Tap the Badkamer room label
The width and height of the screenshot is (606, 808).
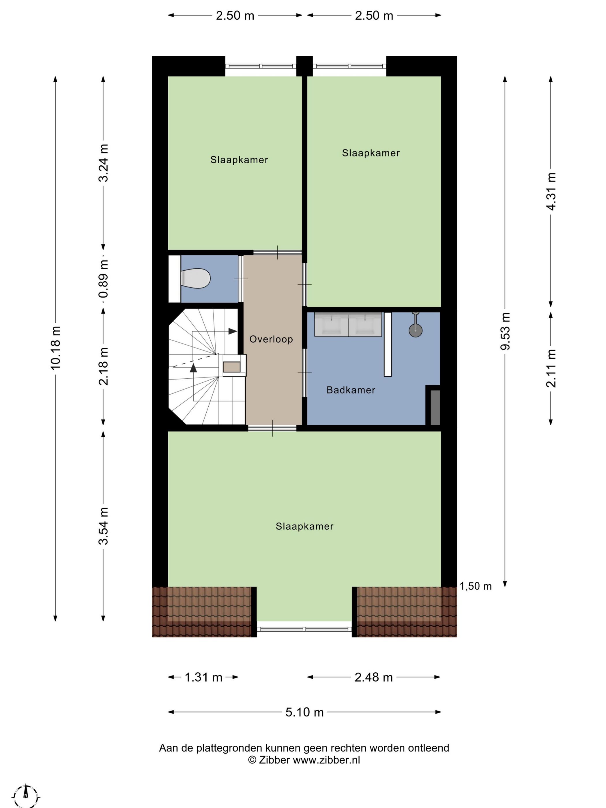pyautogui.click(x=351, y=390)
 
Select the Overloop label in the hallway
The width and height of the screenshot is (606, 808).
pyautogui.click(x=271, y=339)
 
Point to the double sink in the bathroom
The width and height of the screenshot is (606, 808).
pyautogui.click(x=348, y=324)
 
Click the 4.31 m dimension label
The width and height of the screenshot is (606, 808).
pyautogui.click(x=551, y=191)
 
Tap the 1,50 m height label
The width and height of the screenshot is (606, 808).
pyautogui.click(x=476, y=586)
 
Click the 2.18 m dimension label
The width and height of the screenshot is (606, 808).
pyautogui.click(x=103, y=366)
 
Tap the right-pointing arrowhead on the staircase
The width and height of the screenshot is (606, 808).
pyautogui.click(x=233, y=331)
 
